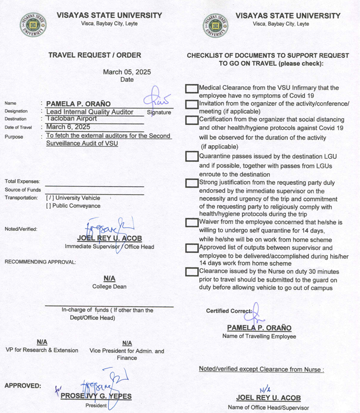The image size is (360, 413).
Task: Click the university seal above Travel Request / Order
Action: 33,25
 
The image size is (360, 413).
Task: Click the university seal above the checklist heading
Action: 215,25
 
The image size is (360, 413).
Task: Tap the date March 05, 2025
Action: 127,72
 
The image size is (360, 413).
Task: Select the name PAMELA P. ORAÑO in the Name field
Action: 79,103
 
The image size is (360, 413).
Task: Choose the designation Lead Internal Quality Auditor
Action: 90,111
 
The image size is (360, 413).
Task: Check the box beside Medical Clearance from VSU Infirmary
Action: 192,88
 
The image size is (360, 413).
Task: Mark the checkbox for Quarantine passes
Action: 192,156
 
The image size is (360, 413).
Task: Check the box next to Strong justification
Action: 192,183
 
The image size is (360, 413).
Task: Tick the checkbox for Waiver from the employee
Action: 192,223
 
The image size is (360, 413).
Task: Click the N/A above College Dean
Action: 109,278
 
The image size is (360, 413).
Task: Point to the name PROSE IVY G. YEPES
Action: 96,396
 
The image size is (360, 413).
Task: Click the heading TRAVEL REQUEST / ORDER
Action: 94,55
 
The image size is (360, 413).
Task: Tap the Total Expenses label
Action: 22,181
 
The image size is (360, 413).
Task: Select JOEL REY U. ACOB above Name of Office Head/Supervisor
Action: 268,398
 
